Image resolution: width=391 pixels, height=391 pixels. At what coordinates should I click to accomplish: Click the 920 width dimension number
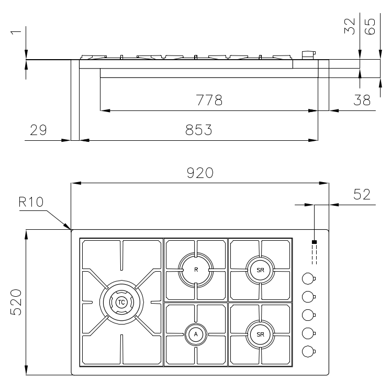[x=200, y=173]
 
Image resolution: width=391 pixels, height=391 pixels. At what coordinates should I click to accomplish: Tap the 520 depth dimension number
[x=16, y=302]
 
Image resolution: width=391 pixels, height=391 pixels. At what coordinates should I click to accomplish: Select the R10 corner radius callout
[x=31, y=202]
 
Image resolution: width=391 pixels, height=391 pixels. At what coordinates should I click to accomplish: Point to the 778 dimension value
[x=209, y=100]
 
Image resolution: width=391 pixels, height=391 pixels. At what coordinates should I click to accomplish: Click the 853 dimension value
[x=199, y=130]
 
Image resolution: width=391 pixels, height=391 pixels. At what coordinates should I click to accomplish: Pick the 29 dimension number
[x=38, y=130]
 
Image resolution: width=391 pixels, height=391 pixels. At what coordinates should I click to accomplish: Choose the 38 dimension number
[x=362, y=100]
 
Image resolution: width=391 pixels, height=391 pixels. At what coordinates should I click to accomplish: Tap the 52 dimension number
[x=362, y=194]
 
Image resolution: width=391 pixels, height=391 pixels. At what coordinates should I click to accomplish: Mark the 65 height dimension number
[x=370, y=26]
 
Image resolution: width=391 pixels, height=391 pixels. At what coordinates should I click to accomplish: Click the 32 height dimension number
[x=349, y=26]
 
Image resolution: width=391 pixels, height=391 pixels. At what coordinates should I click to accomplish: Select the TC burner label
[x=121, y=302]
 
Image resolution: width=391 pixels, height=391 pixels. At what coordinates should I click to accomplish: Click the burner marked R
[x=196, y=270]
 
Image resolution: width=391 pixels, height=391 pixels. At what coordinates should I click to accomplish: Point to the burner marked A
[x=196, y=334]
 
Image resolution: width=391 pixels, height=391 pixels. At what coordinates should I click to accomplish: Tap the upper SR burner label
[x=260, y=270]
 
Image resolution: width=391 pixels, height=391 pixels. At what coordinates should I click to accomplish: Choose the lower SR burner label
[x=260, y=334]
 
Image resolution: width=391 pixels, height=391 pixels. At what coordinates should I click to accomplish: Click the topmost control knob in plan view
[x=308, y=278]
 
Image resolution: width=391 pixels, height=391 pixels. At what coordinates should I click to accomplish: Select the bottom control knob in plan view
[x=308, y=352]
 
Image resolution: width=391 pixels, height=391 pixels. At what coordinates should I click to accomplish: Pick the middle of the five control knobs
[x=308, y=315]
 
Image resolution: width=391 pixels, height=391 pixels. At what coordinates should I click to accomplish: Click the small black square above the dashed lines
[x=315, y=242]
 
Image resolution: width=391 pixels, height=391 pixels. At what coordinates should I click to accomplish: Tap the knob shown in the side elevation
[x=309, y=55]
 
